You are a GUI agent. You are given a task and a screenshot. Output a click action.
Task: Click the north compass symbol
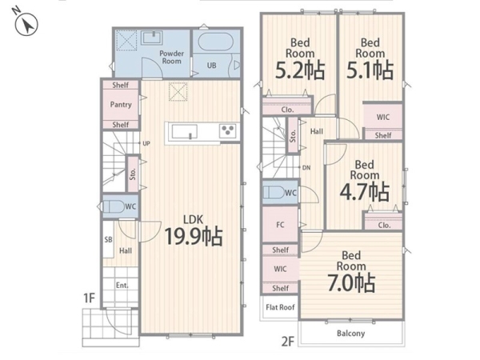(26, 24)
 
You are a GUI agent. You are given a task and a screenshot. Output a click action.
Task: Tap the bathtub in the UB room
(215, 42)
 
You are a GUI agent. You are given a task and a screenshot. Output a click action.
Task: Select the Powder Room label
(171, 58)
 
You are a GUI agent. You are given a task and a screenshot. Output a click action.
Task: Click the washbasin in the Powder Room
(151, 38)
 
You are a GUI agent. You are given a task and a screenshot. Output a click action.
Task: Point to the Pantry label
(121, 105)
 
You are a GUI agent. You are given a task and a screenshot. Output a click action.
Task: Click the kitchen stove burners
(228, 131)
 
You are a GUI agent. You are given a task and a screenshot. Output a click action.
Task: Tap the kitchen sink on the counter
(185, 132)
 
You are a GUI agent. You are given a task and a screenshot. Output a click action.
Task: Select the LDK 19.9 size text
(194, 236)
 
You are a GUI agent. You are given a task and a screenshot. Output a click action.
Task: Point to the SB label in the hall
(108, 240)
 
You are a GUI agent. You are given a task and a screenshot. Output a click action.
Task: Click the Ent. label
(122, 286)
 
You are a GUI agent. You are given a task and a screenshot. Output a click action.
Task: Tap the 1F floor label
(89, 298)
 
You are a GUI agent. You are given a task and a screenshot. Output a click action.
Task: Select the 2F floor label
(287, 341)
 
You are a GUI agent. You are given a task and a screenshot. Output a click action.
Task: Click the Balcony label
(351, 333)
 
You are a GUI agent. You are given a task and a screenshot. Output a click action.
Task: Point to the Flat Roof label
(280, 307)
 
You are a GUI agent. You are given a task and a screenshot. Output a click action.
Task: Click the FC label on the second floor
(280, 225)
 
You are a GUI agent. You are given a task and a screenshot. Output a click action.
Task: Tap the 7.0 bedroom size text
(351, 283)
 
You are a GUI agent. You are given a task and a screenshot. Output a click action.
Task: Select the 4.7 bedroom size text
(364, 192)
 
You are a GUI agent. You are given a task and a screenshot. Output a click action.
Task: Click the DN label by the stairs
(306, 168)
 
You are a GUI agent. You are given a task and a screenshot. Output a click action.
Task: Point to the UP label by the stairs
(146, 143)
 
